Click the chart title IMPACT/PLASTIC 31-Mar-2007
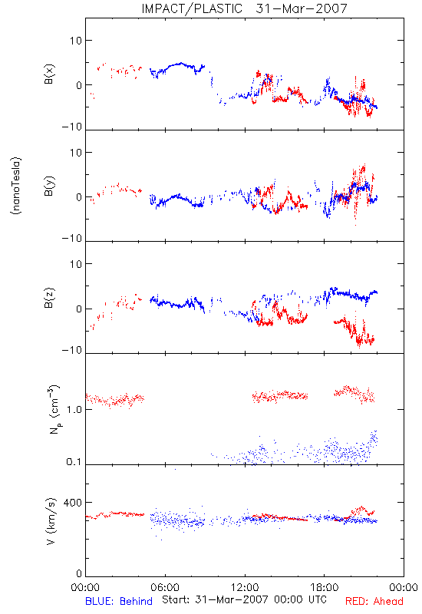244,8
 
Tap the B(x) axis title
49,74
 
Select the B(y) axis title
49,186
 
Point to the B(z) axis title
49,298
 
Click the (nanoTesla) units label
16,186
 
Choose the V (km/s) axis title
51,522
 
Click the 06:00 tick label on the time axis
165,587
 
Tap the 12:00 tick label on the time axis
245,587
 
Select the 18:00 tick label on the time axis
325,587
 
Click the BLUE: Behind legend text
119,601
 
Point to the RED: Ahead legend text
374,601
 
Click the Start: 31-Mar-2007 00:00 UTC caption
244,599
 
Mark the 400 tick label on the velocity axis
72,503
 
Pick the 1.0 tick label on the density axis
74,410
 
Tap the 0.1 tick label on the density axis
74,462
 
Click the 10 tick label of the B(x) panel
76,41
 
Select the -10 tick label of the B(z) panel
72,350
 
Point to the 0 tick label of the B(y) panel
79,197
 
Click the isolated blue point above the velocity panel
175,469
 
